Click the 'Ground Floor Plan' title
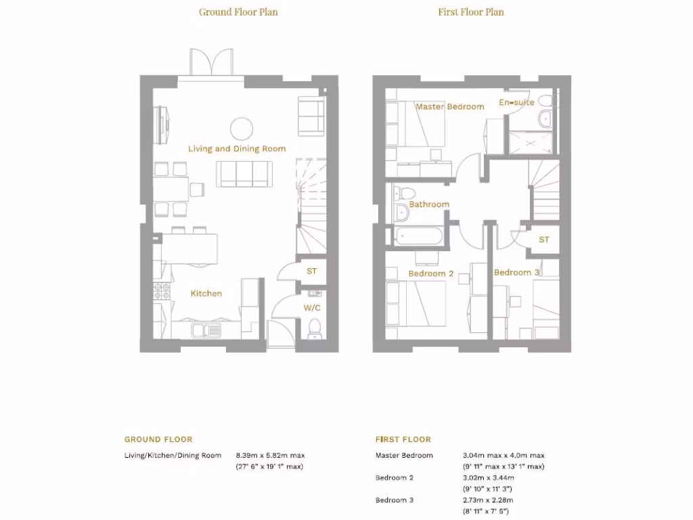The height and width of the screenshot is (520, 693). point(238,12)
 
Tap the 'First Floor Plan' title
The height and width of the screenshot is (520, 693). point(471,12)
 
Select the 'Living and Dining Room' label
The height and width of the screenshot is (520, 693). point(237,148)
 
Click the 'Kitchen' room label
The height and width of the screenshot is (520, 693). point(206,293)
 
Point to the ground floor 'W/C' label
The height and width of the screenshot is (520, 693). point(312,307)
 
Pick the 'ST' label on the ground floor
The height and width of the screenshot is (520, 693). point(312,271)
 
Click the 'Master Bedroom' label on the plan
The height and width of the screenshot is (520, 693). point(449,106)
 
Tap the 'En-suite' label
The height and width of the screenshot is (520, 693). point(516,102)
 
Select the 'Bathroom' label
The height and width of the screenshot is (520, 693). point(429,204)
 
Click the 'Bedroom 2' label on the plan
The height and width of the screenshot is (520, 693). point(430,274)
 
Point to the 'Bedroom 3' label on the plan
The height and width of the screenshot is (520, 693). point(516,272)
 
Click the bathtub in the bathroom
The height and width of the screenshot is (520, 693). point(418,237)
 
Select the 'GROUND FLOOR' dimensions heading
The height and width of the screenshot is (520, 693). point(158,439)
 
